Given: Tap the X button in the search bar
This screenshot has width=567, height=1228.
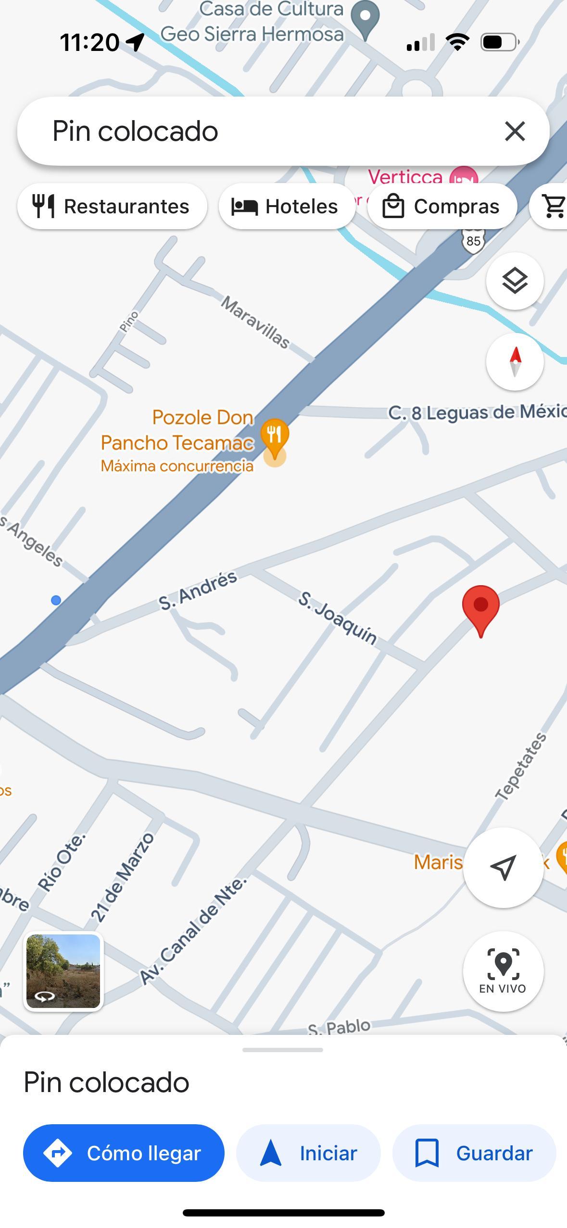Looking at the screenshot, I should pyautogui.click(x=515, y=131).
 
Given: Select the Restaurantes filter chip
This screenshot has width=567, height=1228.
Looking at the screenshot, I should pyautogui.click(x=112, y=206).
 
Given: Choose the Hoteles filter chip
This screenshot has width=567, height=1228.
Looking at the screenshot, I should pyautogui.click(x=286, y=206).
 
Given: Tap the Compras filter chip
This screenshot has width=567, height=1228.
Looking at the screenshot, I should pyautogui.click(x=441, y=206).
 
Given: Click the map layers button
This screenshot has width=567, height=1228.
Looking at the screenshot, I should pyautogui.click(x=515, y=281).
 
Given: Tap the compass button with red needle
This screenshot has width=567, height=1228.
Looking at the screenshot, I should pyautogui.click(x=515, y=361).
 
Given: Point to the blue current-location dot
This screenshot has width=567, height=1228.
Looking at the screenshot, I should pyautogui.click(x=56, y=600).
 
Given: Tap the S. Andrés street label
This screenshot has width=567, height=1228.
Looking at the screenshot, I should pyautogui.click(x=198, y=590).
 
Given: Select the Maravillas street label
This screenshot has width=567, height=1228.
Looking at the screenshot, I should pyautogui.click(x=255, y=322).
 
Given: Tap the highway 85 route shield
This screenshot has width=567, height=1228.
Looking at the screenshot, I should pyautogui.click(x=473, y=240).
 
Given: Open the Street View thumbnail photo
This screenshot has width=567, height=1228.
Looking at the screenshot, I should pyautogui.click(x=63, y=971).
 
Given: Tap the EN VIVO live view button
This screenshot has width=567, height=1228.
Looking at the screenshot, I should pyautogui.click(x=503, y=971).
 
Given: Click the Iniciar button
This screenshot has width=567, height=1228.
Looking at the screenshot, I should pyautogui.click(x=308, y=1153).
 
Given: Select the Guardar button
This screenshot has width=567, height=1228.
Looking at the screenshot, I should pyautogui.click(x=474, y=1153).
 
